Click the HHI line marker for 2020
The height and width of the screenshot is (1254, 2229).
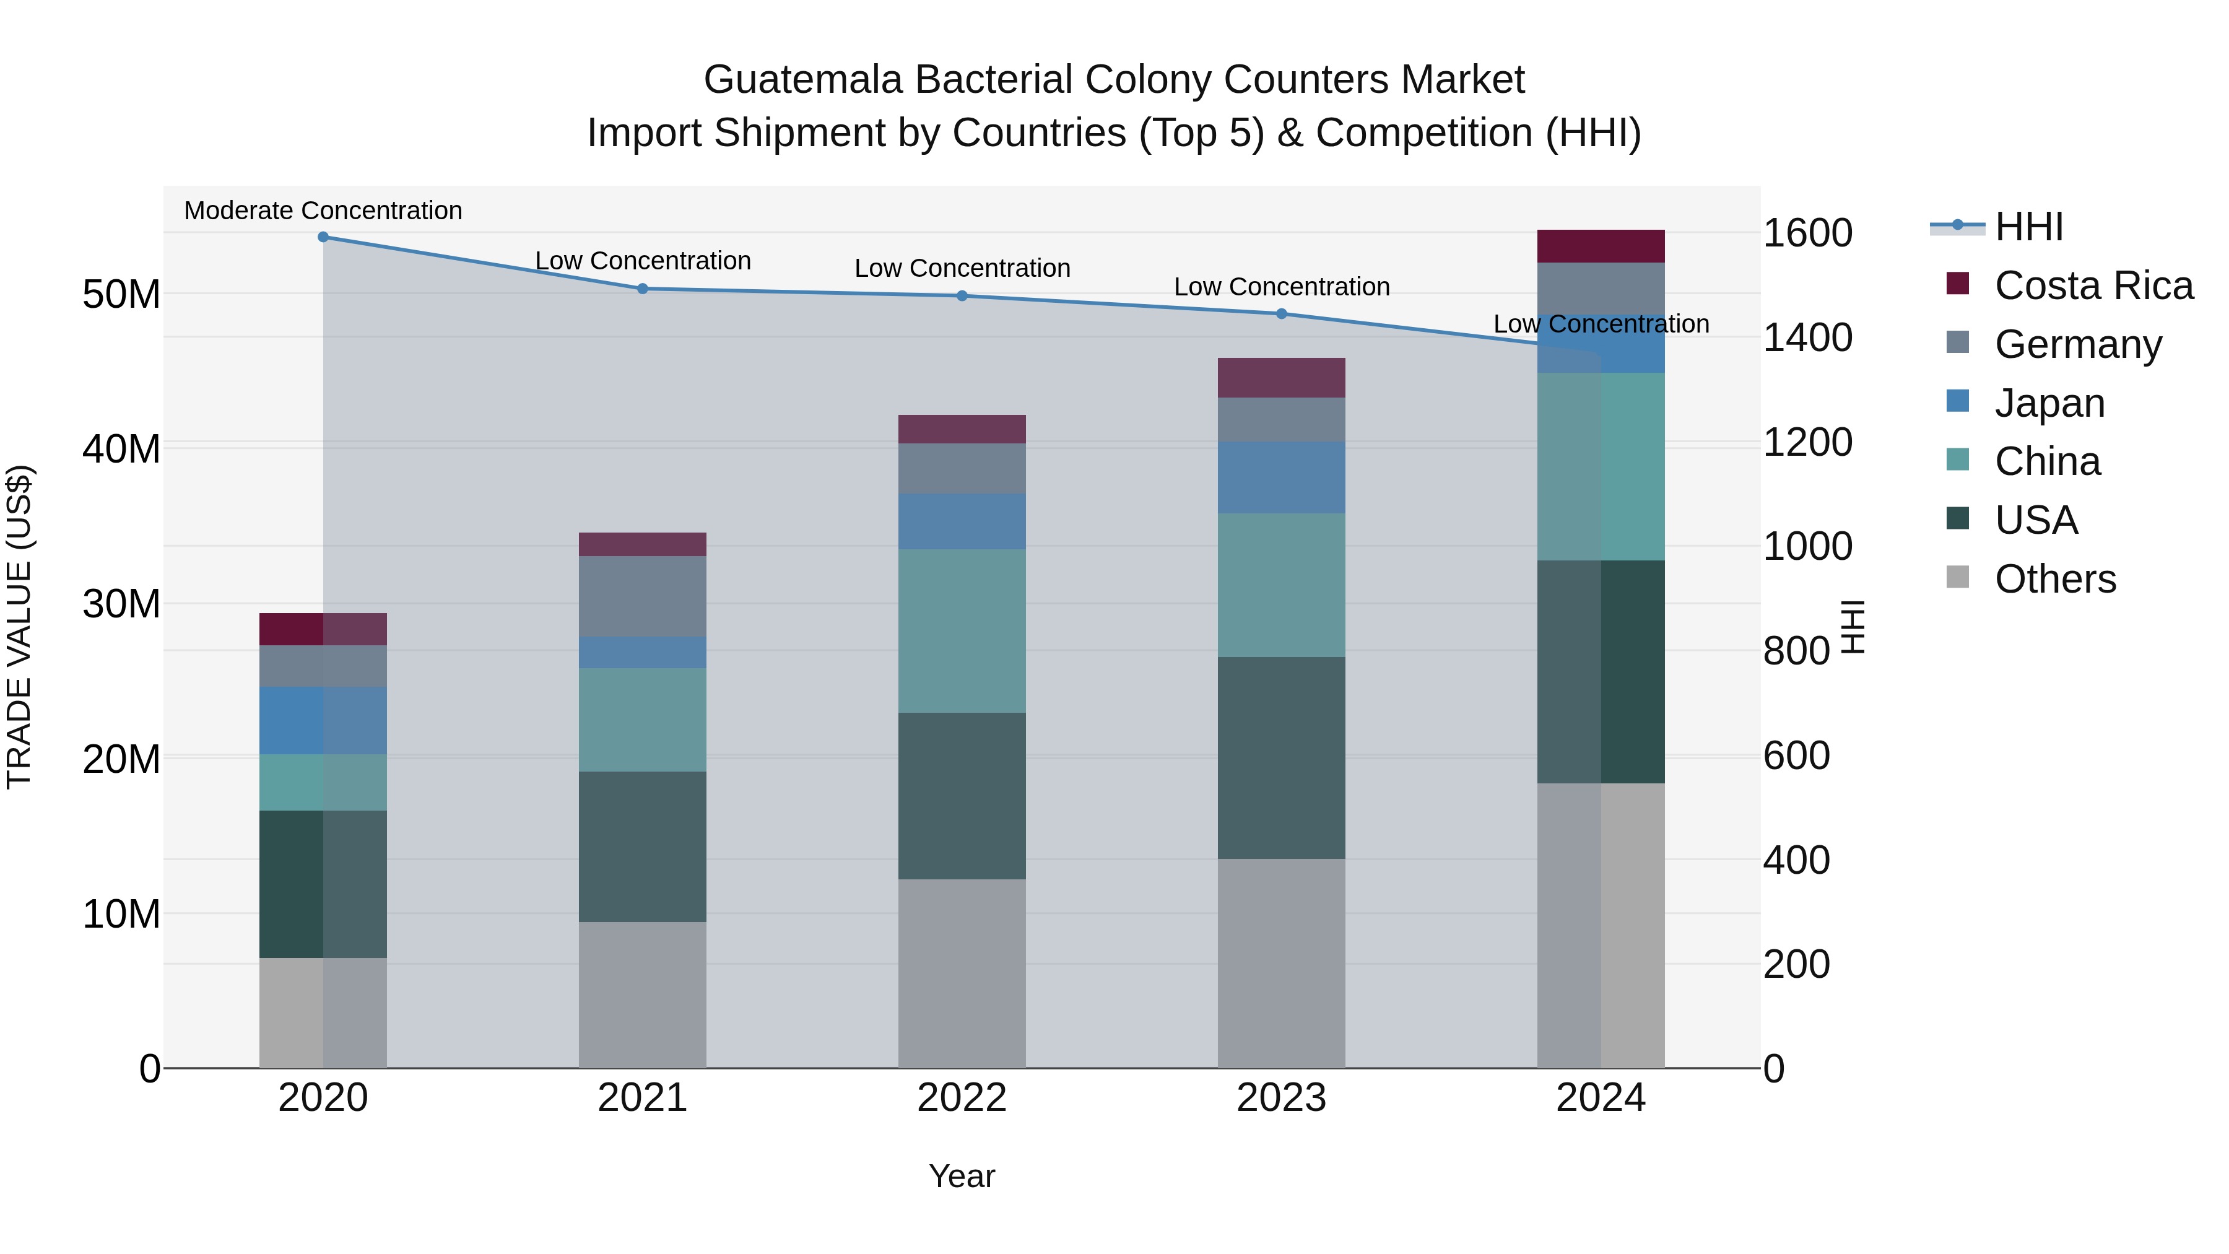click(x=323, y=237)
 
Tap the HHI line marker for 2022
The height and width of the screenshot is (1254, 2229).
click(x=962, y=296)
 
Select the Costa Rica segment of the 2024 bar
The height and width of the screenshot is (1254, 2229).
click(x=1600, y=246)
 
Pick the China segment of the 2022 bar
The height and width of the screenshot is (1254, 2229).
click(x=962, y=631)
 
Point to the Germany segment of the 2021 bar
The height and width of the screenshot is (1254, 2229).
click(x=642, y=596)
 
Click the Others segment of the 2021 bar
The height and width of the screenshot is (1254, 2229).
click(x=642, y=995)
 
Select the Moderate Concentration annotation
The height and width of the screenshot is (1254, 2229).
click(x=323, y=211)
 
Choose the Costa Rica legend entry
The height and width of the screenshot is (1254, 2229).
click(x=2093, y=285)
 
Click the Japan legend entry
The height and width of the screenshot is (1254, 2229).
click(x=2049, y=403)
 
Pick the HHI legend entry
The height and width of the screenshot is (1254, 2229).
click(x=2028, y=227)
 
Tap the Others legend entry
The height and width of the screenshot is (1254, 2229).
click(x=2055, y=579)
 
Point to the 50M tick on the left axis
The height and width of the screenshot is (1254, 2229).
click(x=121, y=294)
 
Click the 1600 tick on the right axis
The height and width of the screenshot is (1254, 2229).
click(x=1807, y=233)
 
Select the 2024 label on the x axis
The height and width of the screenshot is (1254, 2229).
click(x=1600, y=1098)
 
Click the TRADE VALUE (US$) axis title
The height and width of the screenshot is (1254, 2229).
click(x=19, y=627)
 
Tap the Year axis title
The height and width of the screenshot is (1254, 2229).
click(x=962, y=1176)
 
